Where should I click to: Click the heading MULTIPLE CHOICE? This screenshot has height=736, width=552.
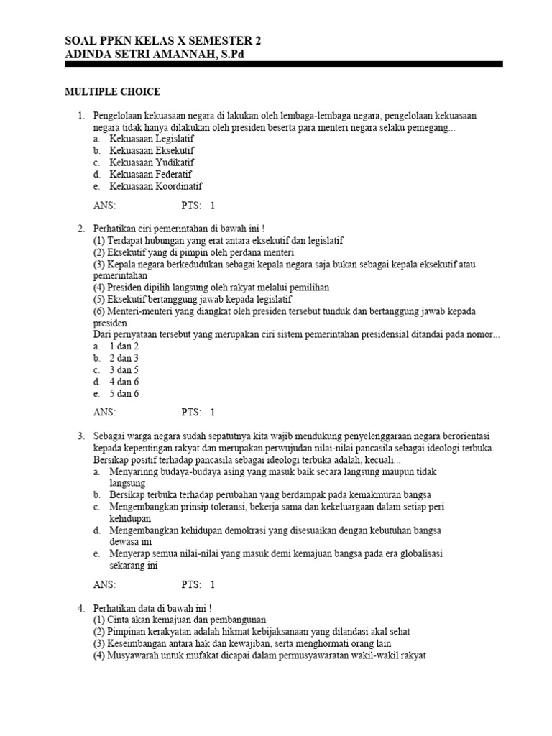[x=113, y=92]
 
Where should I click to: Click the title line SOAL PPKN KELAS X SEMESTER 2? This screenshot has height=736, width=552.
[x=163, y=42]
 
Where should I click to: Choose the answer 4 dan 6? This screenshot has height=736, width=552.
[x=124, y=382]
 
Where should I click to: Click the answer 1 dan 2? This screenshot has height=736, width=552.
[x=124, y=346]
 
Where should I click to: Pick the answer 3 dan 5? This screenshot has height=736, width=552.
[x=124, y=369]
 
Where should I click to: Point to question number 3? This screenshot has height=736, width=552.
[x=81, y=436]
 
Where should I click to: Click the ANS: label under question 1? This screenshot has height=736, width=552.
[x=104, y=206]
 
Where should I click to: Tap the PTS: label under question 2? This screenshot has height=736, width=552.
[x=191, y=413]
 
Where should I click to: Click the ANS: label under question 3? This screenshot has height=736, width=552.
[x=104, y=584]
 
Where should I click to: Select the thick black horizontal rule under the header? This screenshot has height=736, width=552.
[x=284, y=65]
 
